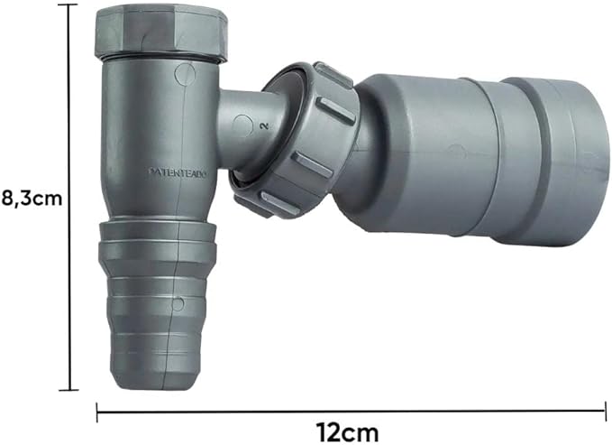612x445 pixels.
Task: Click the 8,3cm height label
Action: pos(32,199)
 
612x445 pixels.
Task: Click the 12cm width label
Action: pos(347,433)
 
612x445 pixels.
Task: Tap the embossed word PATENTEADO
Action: pos(179,172)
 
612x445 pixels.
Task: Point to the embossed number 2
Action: pos(265,125)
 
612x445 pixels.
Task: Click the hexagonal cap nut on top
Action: pos(160,33)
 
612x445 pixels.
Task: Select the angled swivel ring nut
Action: pos(294,140)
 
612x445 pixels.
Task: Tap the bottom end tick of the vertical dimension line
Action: pos(69,391)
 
